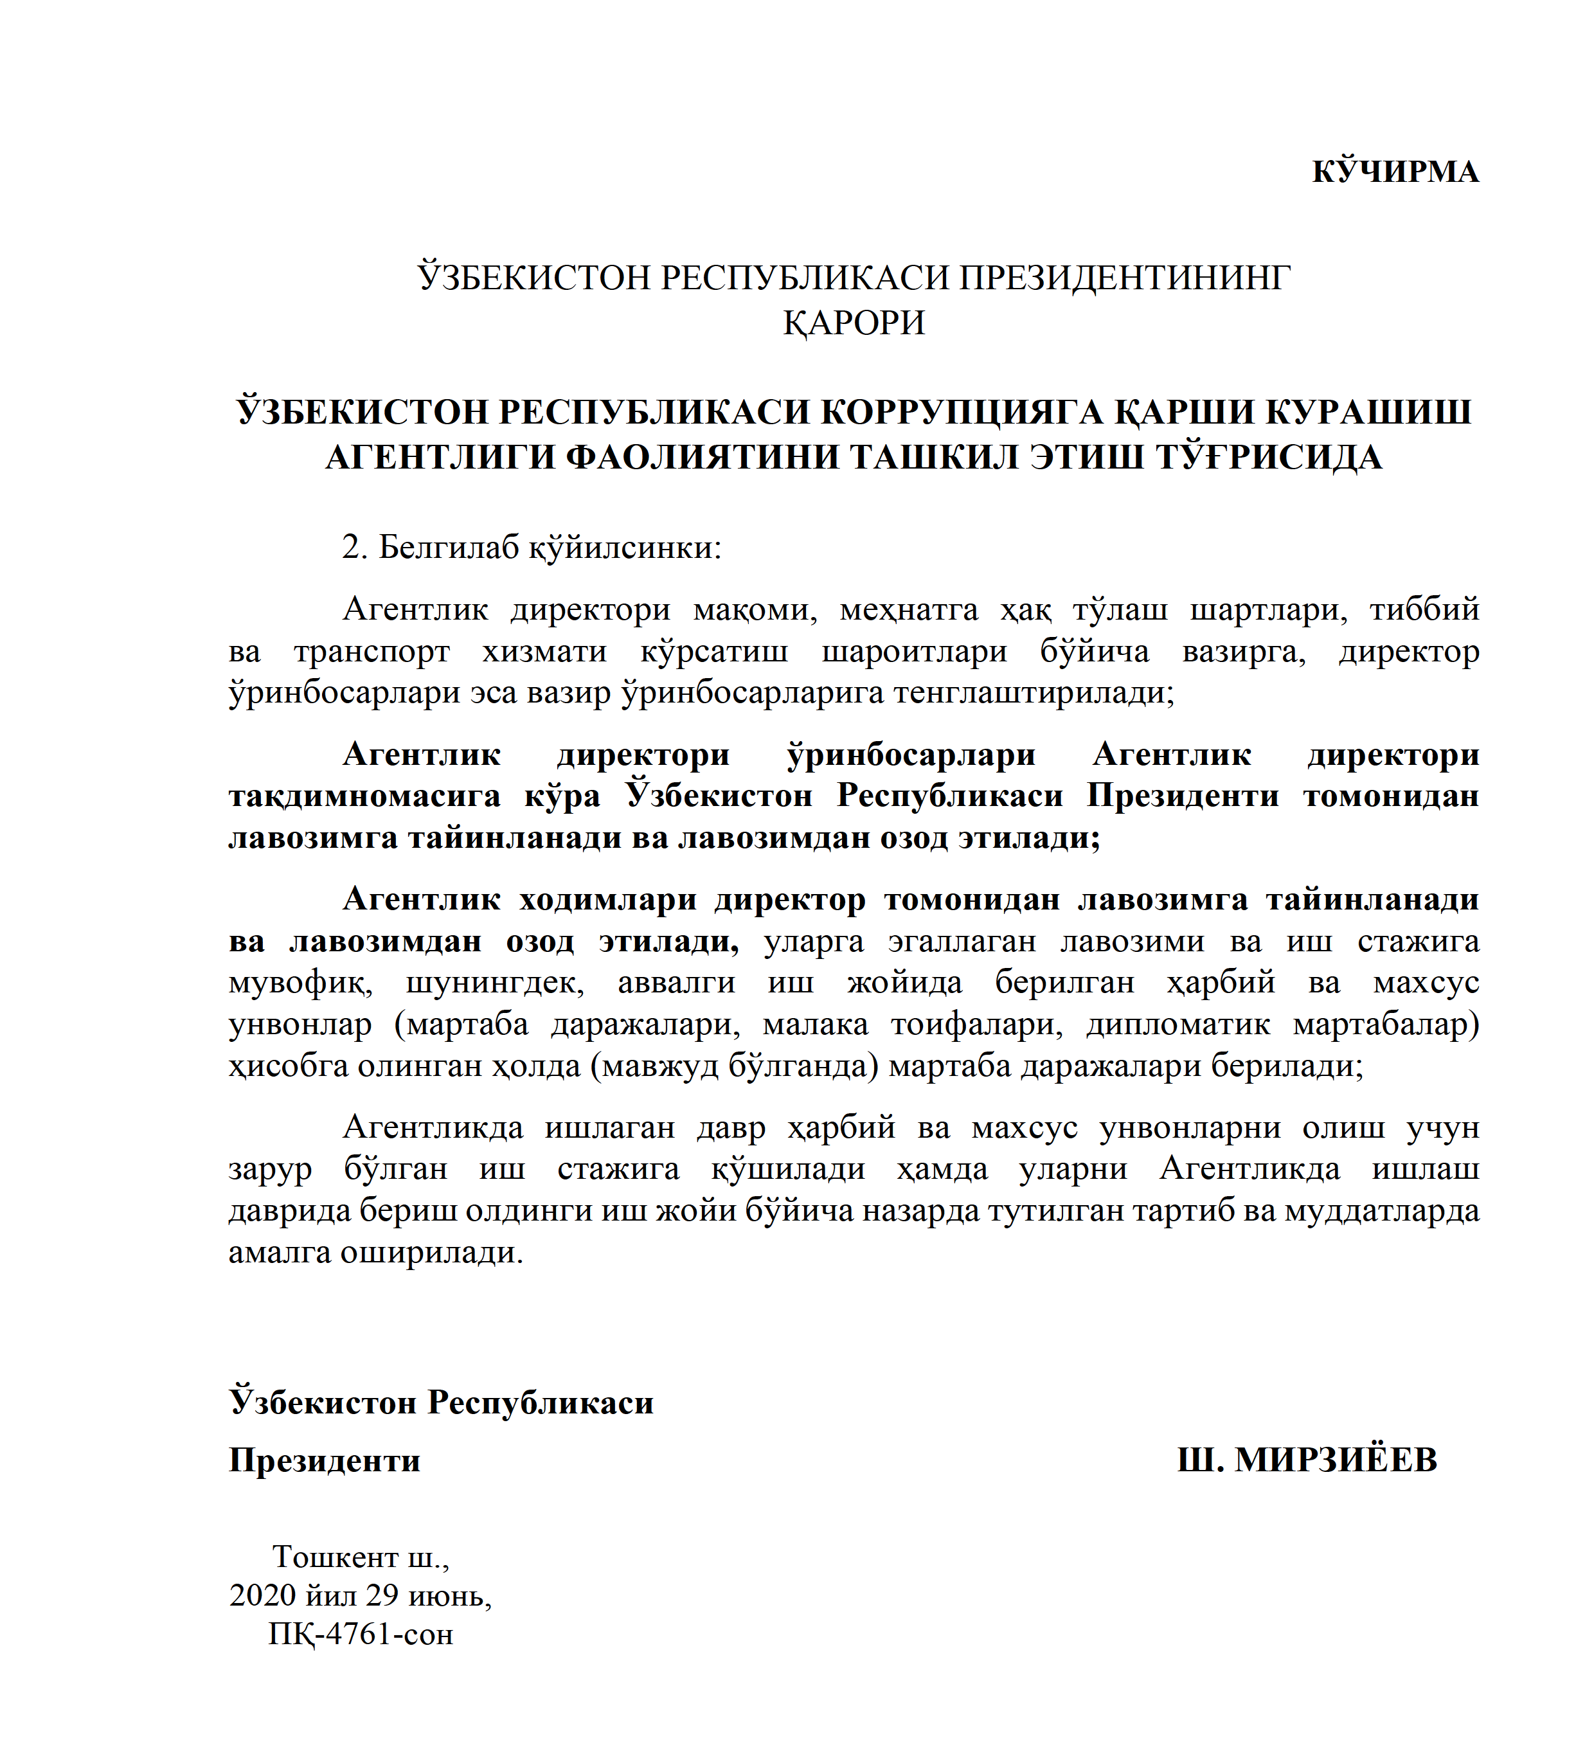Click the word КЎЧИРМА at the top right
[x=1395, y=172]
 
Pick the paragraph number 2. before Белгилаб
[x=355, y=547]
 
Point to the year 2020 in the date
[x=262, y=1596]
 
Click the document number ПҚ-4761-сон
[x=361, y=1635]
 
